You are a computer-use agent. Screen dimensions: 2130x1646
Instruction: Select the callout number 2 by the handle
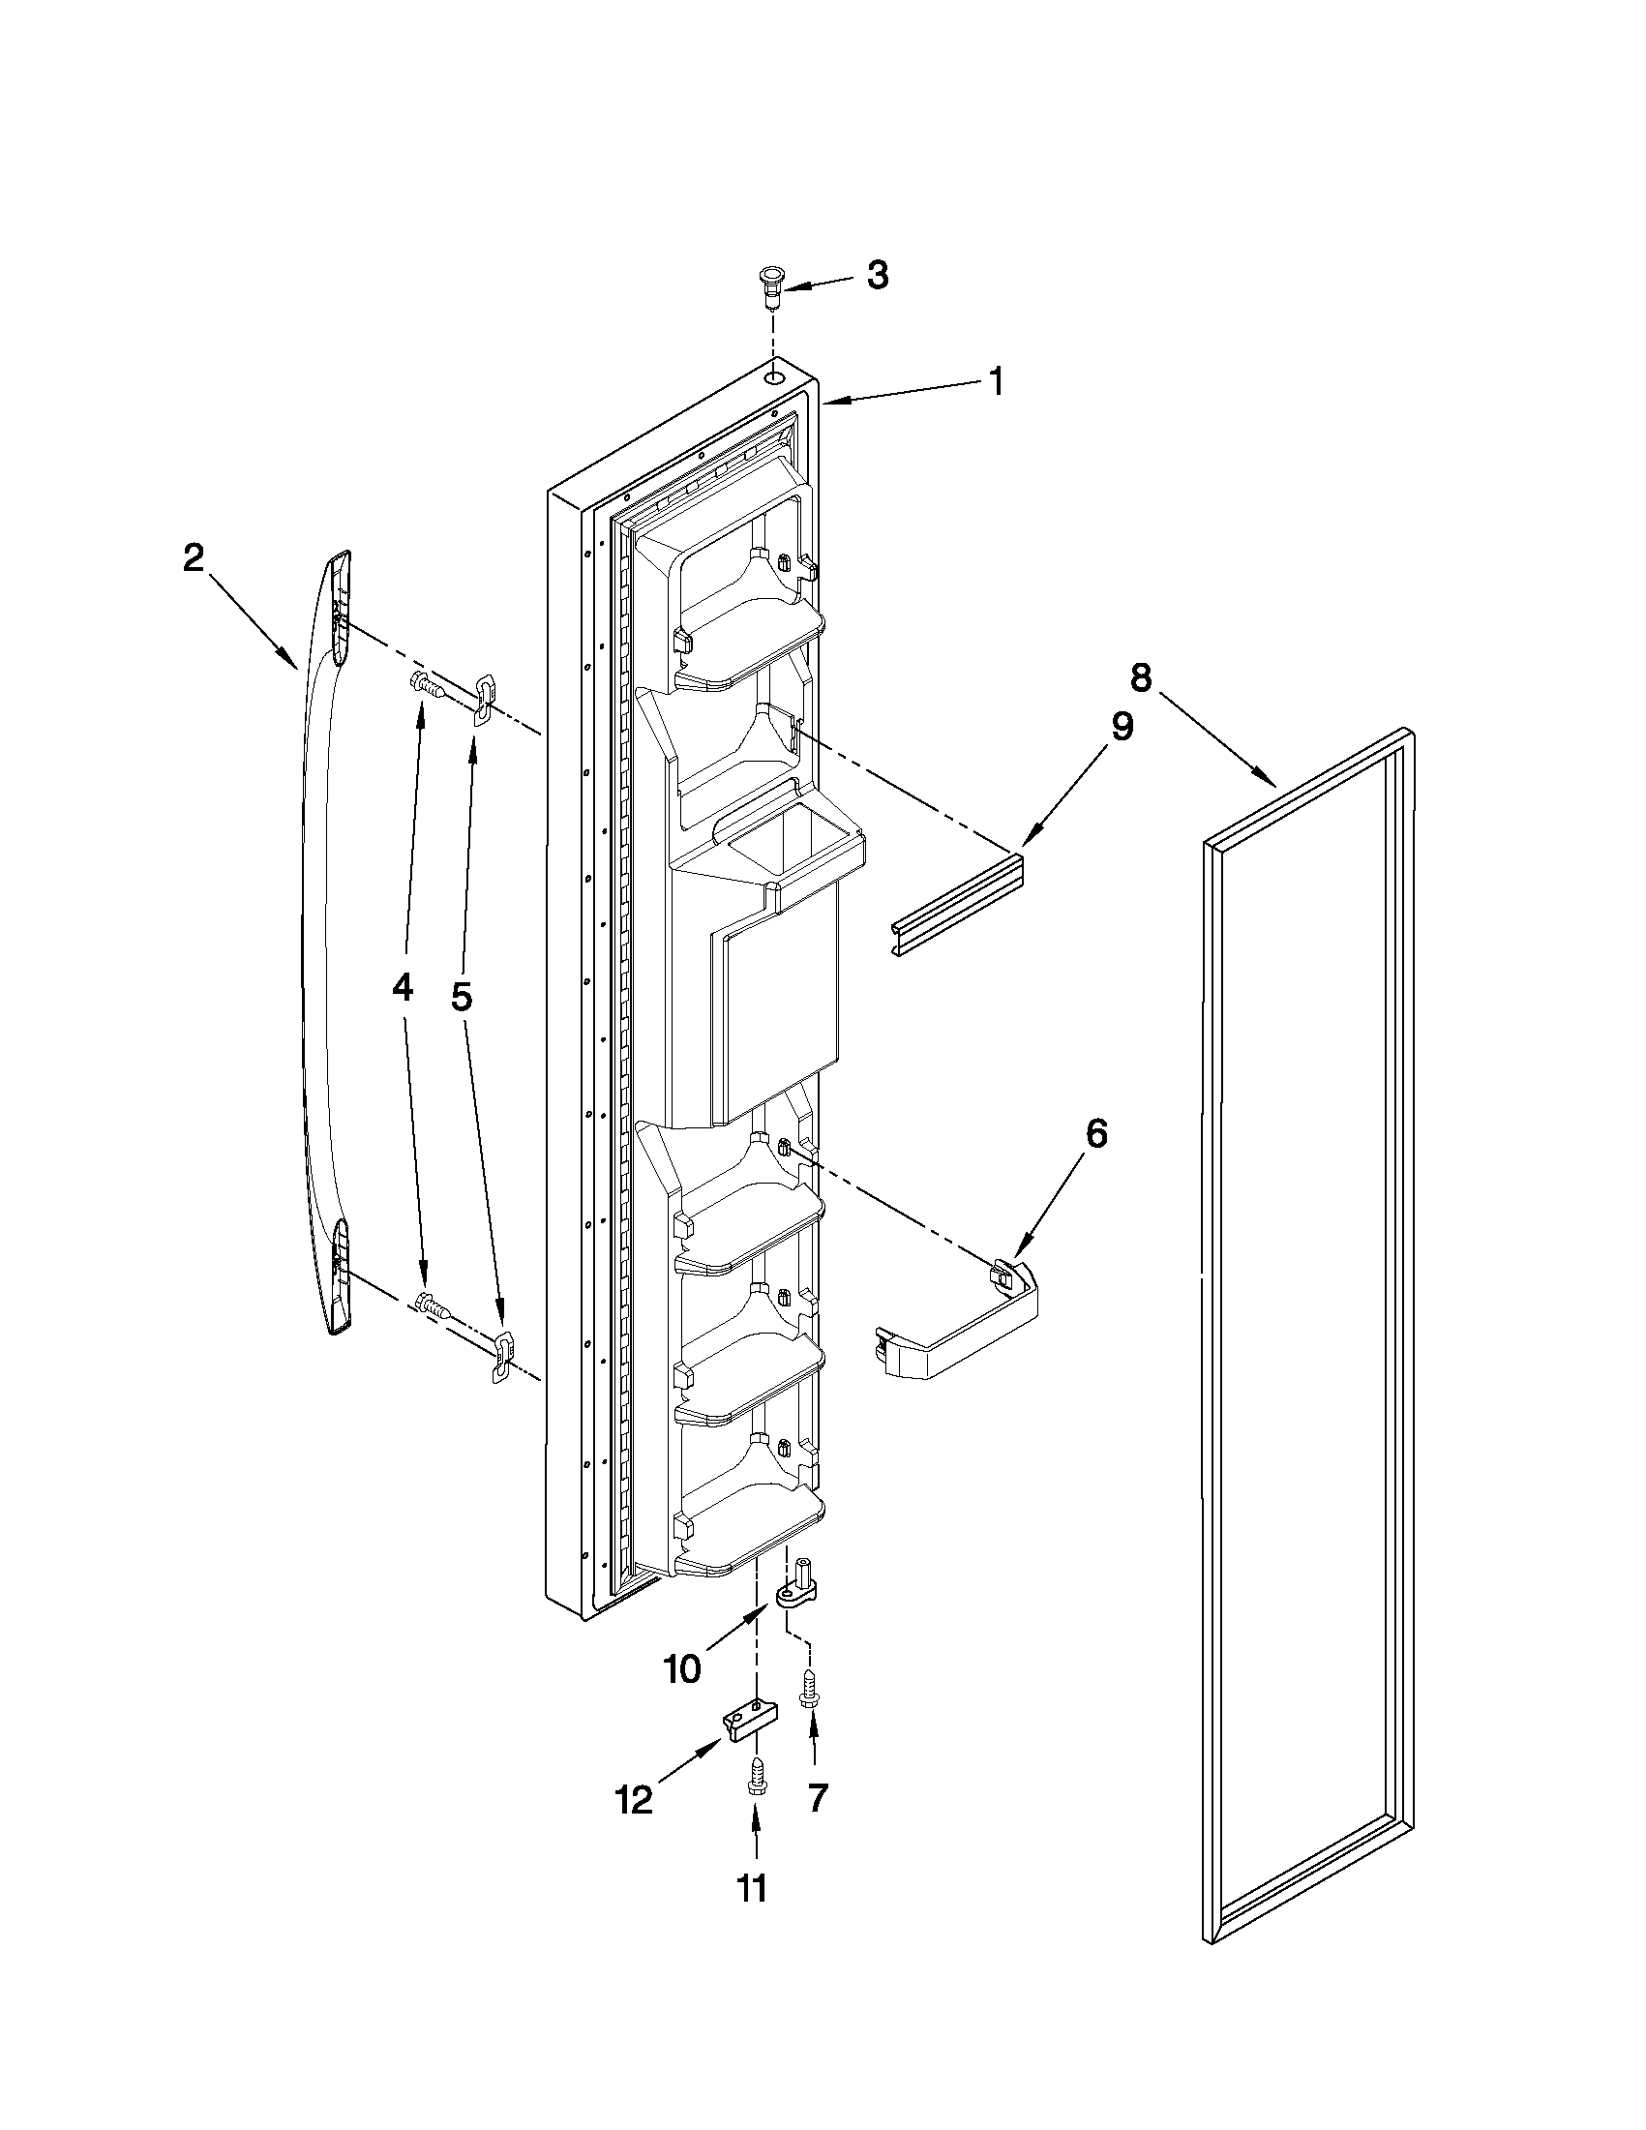coord(195,558)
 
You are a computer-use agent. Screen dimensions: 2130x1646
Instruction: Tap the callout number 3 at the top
coord(877,277)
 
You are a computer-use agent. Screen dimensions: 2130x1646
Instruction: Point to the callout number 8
coord(1141,675)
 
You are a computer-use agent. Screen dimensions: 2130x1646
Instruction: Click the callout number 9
coord(1122,727)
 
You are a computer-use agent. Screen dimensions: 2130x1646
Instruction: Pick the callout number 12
coord(634,1799)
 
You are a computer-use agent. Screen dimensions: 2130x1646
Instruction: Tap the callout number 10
coord(681,1668)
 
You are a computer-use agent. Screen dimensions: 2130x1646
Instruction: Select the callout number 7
coord(816,1796)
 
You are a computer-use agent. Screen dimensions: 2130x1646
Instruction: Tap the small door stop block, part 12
coord(750,1724)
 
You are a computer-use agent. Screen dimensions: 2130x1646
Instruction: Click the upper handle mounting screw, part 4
coord(427,683)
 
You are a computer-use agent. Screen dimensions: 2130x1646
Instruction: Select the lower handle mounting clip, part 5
coord(501,1356)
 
